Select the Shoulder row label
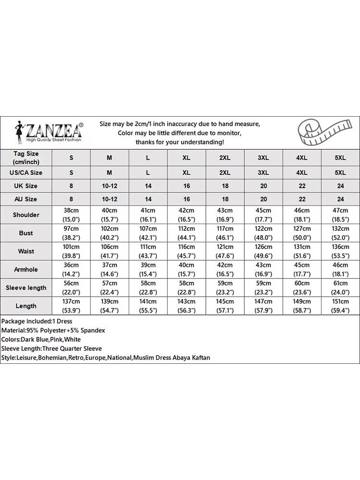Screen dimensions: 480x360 pos(26,215)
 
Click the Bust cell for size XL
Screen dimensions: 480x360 pos(186,233)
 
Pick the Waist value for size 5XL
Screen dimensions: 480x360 pos(340,251)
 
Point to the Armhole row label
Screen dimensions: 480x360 pos(26,269)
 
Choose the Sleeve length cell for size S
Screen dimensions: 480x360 pos(71,288)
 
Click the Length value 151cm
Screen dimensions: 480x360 pos(340,301)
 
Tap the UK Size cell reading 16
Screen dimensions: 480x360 pos(186,186)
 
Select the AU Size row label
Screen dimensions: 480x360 pos(26,199)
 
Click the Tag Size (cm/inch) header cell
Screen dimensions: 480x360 pos(26,157)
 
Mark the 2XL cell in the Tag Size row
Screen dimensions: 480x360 pos(225,157)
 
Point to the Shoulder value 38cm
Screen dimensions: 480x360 pos(71,210)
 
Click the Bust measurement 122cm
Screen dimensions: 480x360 pos(263,228)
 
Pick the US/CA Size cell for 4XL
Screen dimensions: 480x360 pos(301,172)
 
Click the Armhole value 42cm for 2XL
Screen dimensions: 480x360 pos(225,265)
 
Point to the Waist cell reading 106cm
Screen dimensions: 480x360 pos(109,247)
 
